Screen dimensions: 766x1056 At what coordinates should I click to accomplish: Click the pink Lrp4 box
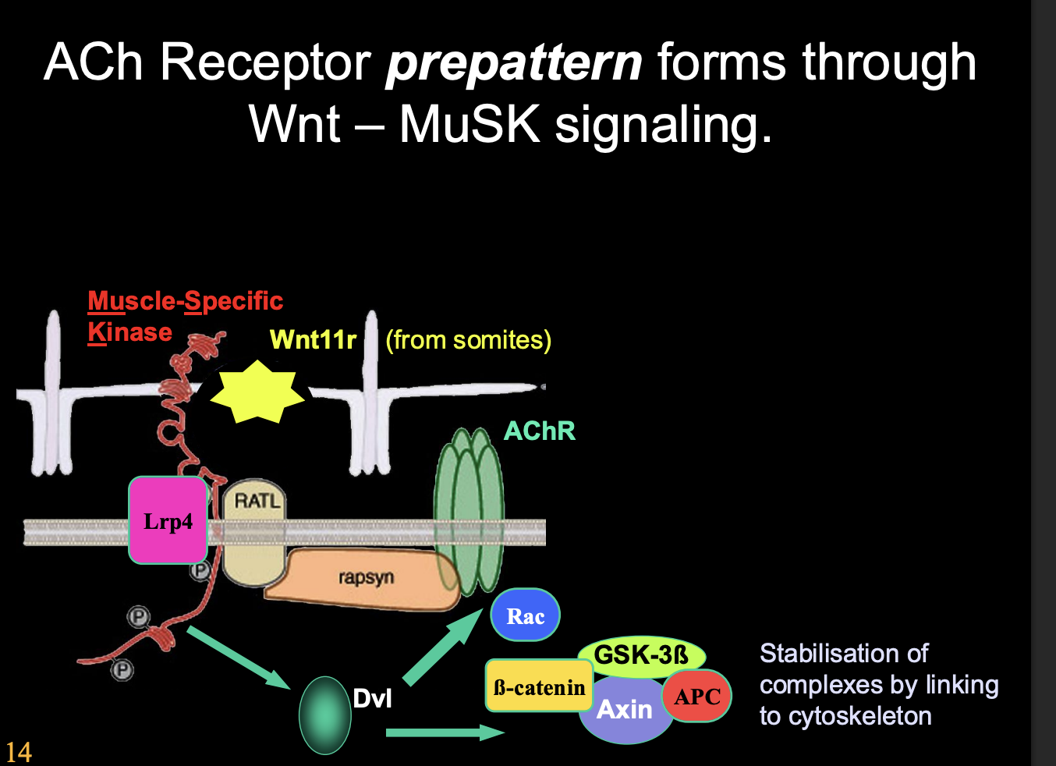[x=168, y=520]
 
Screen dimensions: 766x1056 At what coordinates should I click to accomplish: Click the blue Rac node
[x=525, y=615]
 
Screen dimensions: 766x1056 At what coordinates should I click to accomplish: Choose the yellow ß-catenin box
[x=539, y=686]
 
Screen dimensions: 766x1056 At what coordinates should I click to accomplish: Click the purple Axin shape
[x=624, y=714]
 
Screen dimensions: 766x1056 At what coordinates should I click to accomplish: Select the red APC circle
[x=696, y=696]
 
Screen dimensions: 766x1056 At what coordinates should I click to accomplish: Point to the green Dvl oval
[x=324, y=715]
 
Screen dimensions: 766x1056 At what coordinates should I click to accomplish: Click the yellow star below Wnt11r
[x=257, y=391]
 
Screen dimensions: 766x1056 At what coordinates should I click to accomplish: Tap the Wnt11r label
[x=313, y=340]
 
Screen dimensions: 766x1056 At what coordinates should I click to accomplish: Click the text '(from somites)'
[x=468, y=340]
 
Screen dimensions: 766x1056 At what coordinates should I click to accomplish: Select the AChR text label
[x=539, y=431]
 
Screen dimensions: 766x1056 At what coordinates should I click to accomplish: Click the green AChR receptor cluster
[x=469, y=511]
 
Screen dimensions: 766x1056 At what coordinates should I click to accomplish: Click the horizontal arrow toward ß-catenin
[x=445, y=732]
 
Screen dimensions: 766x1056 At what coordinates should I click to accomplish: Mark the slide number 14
[x=18, y=752]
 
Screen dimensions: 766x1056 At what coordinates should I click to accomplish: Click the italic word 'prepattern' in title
[x=514, y=62]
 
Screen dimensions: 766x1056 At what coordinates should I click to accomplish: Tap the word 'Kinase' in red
[x=129, y=332]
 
